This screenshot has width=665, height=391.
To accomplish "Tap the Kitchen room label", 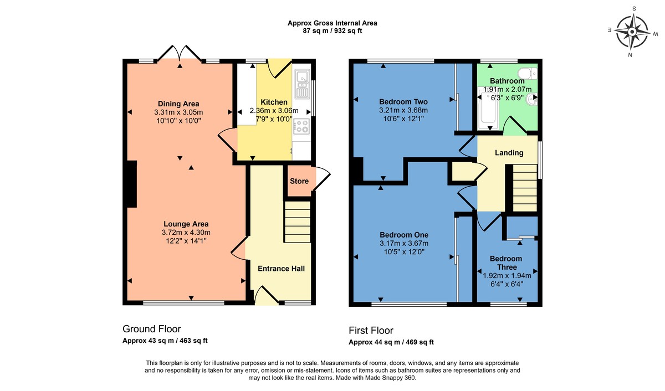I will [x=274, y=102].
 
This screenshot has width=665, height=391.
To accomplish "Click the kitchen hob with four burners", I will [x=301, y=126].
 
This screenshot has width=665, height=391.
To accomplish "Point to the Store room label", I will [x=299, y=181].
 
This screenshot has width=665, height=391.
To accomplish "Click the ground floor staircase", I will [x=298, y=222].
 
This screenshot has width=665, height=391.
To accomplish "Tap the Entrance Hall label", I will [x=281, y=269].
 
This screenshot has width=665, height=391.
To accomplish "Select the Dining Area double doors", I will [x=179, y=53].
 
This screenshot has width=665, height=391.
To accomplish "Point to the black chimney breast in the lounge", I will [x=131, y=184].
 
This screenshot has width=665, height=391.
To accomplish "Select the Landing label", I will [x=509, y=153].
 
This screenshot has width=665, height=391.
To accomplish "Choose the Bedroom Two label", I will [x=403, y=102].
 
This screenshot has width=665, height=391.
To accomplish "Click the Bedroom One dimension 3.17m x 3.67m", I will [x=404, y=243].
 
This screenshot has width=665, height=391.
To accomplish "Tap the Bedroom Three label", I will [x=507, y=263].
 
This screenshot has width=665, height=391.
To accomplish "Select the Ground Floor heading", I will [x=151, y=329].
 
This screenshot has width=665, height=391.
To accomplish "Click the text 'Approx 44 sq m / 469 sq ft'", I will [x=391, y=342].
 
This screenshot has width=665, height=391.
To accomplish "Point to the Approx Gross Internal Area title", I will [x=332, y=23].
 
